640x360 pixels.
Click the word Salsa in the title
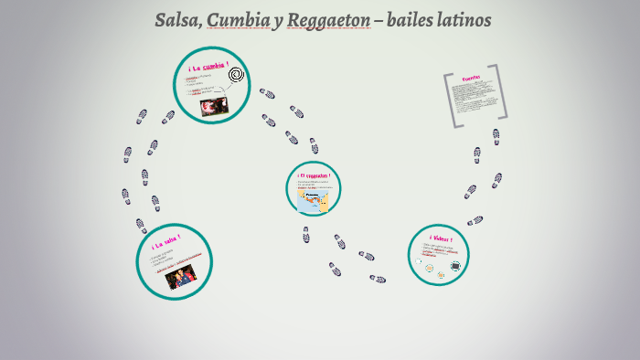click(x=177, y=20)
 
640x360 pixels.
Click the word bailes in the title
click(x=407, y=20)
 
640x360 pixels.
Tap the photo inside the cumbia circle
click(x=214, y=106)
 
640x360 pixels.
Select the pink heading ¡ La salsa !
click(x=165, y=244)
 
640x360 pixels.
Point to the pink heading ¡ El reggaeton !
click(x=314, y=175)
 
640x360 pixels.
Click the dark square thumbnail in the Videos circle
click(x=455, y=266)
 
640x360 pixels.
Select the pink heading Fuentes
click(x=472, y=78)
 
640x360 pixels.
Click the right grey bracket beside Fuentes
click(x=501, y=91)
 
